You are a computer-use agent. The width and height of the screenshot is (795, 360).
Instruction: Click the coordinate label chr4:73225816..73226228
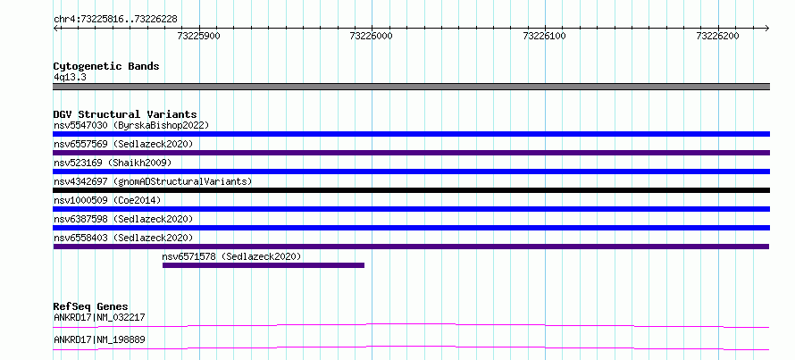(115, 20)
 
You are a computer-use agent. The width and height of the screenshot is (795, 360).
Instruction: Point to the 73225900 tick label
(199, 36)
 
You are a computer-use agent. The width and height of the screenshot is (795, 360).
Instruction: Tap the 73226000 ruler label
(372, 36)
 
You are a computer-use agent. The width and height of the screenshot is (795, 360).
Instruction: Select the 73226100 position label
(545, 36)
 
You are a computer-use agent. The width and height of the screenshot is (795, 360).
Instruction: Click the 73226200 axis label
(718, 36)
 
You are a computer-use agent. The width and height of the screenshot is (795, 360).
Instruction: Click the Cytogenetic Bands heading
(106, 66)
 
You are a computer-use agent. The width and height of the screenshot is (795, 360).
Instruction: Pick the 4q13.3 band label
(69, 77)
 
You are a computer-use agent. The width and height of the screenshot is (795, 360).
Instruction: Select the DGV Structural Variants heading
(125, 114)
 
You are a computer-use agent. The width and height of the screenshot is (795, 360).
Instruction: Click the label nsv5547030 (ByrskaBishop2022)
(131, 125)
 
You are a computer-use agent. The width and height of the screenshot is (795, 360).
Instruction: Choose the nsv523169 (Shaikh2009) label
(113, 163)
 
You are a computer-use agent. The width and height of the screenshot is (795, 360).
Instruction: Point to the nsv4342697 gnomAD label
(153, 181)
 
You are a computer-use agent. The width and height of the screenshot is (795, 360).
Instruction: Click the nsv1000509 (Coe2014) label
(107, 200)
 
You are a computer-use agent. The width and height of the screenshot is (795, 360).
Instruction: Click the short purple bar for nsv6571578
(264, 265)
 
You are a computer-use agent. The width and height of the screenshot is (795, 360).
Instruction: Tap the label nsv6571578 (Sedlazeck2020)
(231, 256)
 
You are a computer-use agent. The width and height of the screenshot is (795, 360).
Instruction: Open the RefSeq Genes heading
(91, 306)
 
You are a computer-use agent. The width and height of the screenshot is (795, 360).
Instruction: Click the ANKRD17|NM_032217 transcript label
(99, 317)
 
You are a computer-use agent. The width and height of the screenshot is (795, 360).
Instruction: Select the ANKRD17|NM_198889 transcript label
(99, 339)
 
